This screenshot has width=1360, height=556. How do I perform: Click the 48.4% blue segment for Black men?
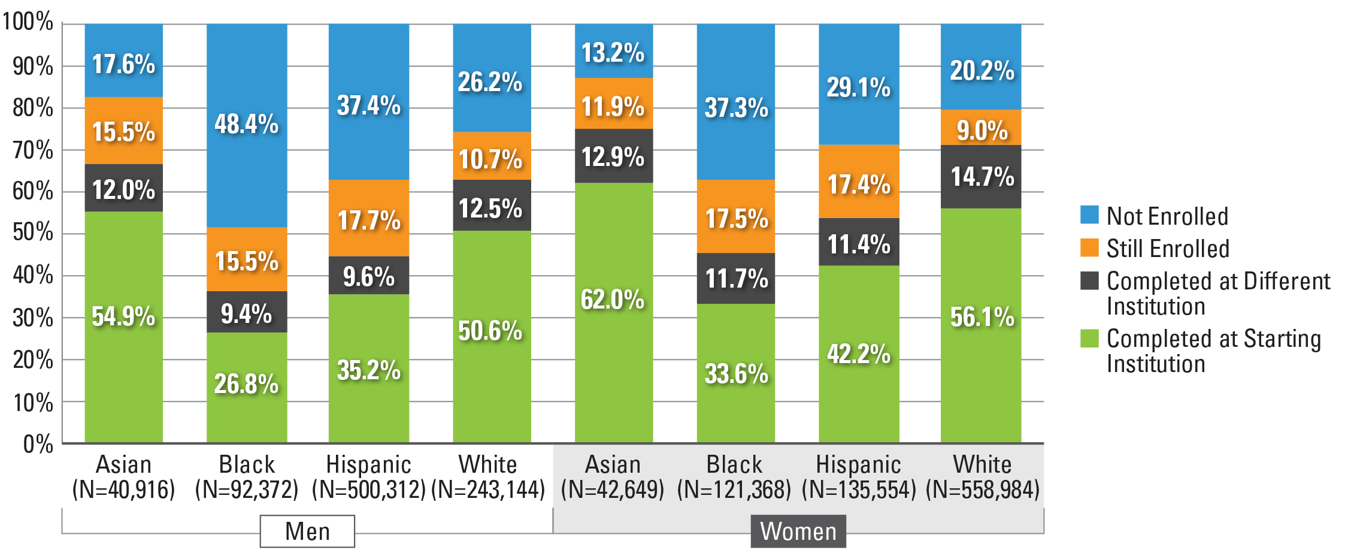coord(247,125)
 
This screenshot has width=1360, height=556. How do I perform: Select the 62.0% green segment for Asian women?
coord(613,312)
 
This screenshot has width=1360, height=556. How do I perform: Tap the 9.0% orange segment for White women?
coord(981,128)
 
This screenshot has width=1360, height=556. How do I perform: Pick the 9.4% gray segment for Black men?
coord(247,312)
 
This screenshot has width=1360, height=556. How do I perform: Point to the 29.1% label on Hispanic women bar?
coord(858,87)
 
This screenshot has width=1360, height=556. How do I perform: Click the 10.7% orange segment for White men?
coord(491,156)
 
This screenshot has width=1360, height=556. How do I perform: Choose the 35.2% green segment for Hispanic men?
coord(368,368)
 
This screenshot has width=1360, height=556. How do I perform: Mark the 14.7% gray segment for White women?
coord(981,177)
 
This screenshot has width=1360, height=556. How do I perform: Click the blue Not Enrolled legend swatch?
coord(1089,215)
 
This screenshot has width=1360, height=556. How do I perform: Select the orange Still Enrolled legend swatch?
coord(1089,248)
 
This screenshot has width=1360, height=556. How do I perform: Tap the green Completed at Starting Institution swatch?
coord(1089,339)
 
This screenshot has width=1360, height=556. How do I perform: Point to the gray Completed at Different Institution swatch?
coord(1089,281)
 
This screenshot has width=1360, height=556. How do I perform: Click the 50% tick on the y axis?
coord(33,232)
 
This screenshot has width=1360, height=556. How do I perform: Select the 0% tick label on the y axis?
coord(37,444)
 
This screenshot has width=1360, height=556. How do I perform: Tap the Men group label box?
coord(307,531)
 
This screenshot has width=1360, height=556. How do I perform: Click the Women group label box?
coord(798,531)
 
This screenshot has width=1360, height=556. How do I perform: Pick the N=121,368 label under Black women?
coord(734,490)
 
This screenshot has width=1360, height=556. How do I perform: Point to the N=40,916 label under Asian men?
coord(123,490)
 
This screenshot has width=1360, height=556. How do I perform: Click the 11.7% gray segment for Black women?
coord(735,279)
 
